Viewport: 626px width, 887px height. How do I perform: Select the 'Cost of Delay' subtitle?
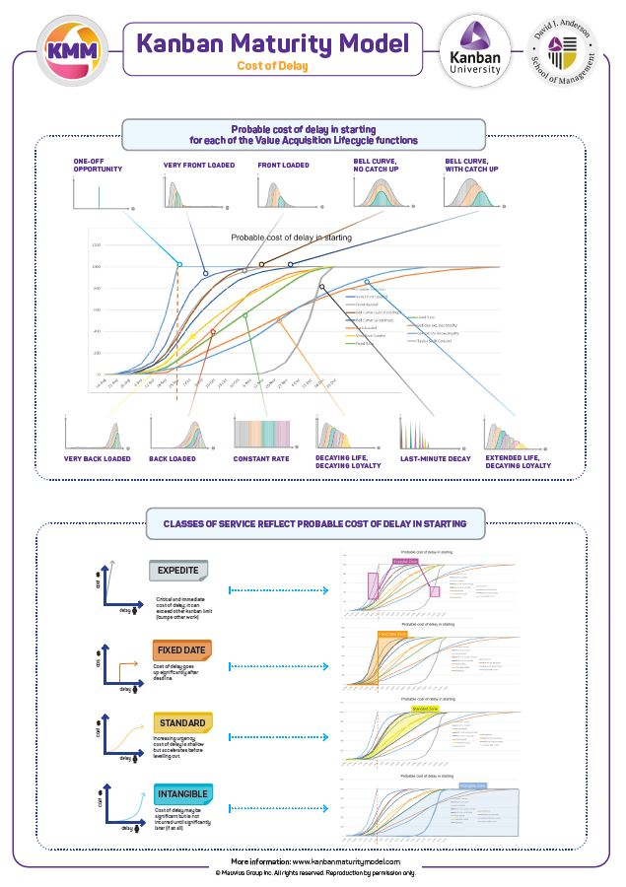click(x=272, y=66)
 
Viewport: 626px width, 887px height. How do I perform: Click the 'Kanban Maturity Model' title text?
click(x=272, y=43)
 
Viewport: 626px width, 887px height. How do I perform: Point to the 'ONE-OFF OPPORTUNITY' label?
click(x=99, y=166)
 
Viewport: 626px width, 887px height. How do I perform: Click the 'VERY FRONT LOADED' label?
click(x=199, y=165)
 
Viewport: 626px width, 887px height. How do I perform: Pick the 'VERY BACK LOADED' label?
click(x=96, y=458)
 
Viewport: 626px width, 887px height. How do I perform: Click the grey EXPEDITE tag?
click(x=178, y=571)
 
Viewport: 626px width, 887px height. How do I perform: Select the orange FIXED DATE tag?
click(x=180, y=650)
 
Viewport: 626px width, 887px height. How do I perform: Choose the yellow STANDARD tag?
click(x=181, y=722)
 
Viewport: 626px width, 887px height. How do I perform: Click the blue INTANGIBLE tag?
click(x=183, y=792)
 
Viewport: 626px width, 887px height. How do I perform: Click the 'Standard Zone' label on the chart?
click(x=425, y=708)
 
